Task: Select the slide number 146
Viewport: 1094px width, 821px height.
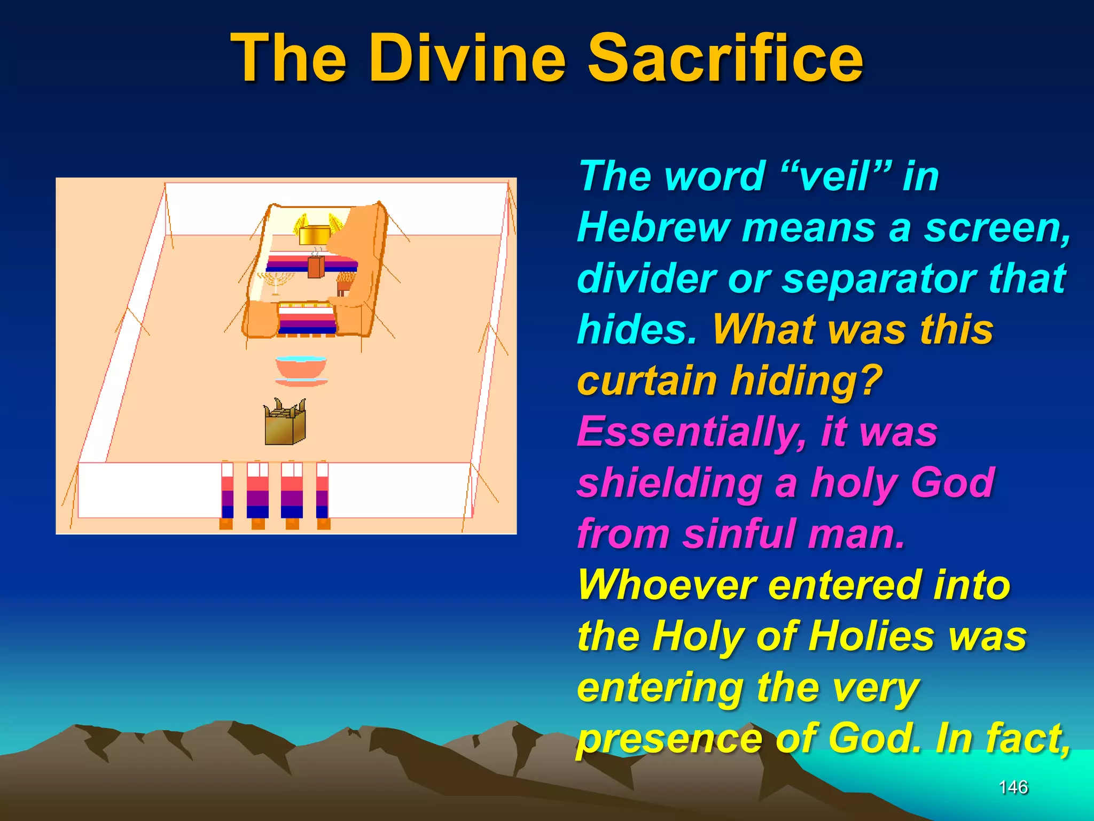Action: click(1013, 787)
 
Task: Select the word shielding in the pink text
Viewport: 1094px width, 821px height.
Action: click(670, 483)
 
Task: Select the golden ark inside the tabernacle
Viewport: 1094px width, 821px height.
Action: click(316, 234)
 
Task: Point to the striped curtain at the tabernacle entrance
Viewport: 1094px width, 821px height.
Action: click(306, 320)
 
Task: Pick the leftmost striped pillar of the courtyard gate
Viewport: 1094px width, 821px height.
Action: click(227, 494)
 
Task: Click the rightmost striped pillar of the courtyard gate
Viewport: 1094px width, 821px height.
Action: click(322, 494)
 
